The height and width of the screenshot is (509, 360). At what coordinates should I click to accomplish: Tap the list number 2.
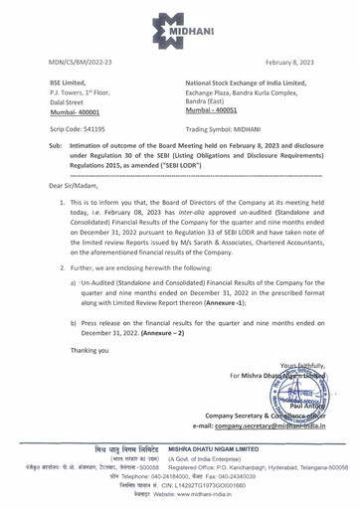click(63, 327)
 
